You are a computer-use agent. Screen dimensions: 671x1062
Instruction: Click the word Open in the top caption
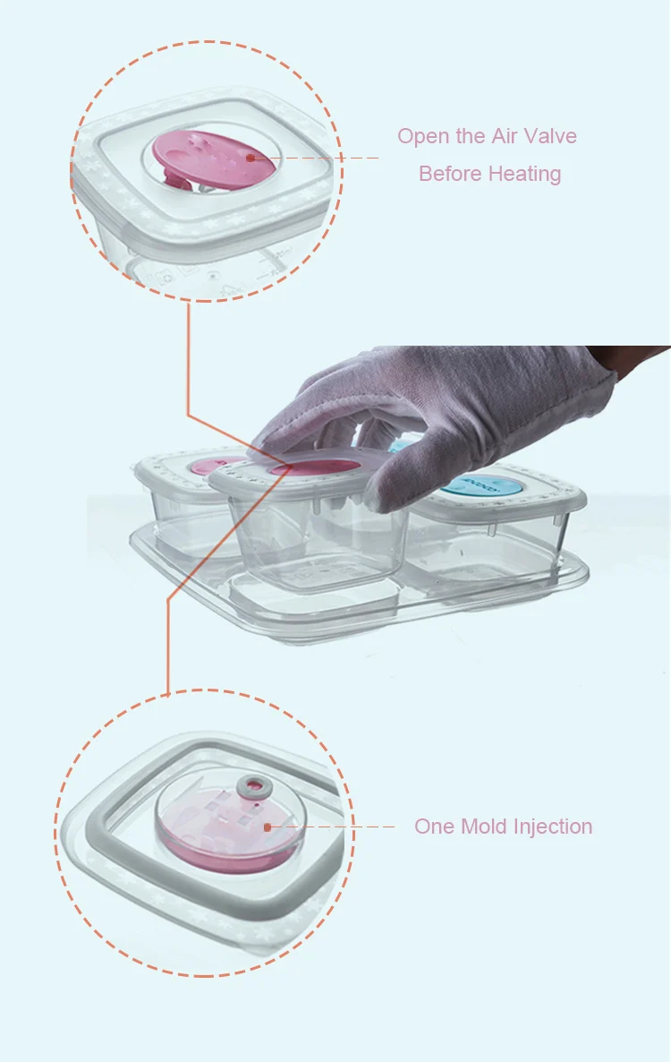(x=424, y=137)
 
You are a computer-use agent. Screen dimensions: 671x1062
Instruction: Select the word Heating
(x=525, y=175)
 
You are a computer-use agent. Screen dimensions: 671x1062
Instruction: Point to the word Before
(x=450, y=174)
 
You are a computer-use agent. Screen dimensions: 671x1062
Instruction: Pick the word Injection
(x=553, y=827)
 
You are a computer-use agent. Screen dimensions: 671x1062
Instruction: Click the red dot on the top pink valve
(x=251, y=158)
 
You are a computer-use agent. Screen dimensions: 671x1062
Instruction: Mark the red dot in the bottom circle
(x=268, y=827)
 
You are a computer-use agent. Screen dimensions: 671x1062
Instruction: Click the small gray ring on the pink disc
(x=255, y=785)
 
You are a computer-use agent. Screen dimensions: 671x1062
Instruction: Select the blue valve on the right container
(x=481, y=485)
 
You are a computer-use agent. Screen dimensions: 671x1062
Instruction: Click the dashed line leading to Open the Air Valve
(x=316, y=158)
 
